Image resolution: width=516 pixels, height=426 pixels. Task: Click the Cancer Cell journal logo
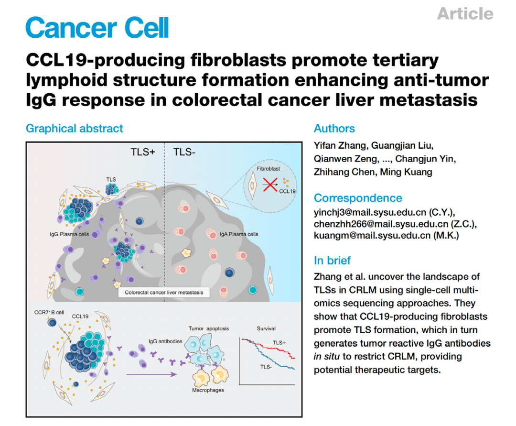[97, 27]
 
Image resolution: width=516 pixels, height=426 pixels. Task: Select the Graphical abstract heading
[75, 129]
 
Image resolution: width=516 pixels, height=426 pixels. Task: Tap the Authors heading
[334, 129]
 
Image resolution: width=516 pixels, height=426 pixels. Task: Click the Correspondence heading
[358, 198]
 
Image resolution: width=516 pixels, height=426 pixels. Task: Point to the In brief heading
[332, 261]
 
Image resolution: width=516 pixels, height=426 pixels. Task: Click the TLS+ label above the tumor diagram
[143, 153]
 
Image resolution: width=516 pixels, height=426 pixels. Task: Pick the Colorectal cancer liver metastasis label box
[164, 292]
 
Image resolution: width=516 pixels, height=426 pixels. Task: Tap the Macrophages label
[208, 390]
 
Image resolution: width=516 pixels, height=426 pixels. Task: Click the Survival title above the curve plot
[266, 328]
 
